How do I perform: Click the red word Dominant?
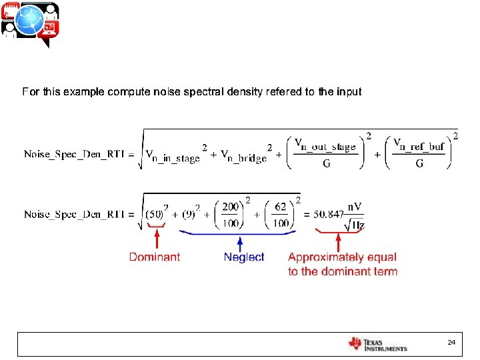click(154, 257)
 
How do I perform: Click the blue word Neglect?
click(244, 257)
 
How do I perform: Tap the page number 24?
click(451, 342)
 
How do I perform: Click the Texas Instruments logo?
click(377, 344)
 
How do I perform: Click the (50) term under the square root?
click(155, 214)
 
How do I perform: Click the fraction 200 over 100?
click(231, 215)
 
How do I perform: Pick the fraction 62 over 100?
click(280, 215)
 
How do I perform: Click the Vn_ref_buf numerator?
click(419, 144)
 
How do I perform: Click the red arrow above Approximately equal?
click(338, 239)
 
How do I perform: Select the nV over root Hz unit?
click(354, 215)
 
